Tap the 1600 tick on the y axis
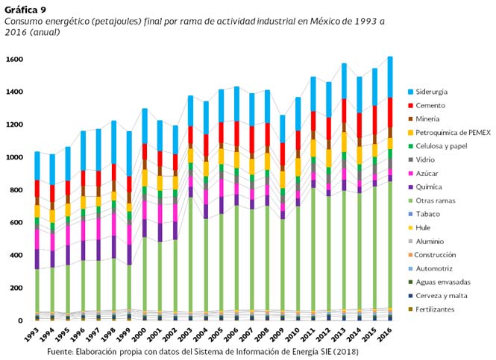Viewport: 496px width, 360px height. click(x=13, y=60)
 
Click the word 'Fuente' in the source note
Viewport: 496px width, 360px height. click(x=61, y=350)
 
